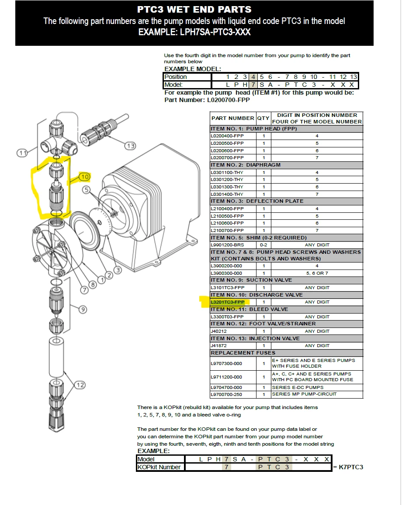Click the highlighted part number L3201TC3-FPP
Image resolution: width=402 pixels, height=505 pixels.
click(227, 302)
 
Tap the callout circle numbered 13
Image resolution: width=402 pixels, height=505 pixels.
click(130, 146)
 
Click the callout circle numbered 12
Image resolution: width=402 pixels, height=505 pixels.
click(80, 385)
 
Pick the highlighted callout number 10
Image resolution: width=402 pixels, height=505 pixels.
click(84, 177)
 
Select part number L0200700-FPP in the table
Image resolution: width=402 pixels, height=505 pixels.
click(227, 157)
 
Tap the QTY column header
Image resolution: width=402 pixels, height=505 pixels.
click(263, 118)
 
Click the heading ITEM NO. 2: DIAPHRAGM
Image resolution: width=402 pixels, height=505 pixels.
click(246, 165)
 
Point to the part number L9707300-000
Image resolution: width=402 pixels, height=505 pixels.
click(226, 363)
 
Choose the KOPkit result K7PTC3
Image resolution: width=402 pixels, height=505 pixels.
click(351, 467)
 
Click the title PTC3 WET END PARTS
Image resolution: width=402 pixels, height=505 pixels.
click(194, 9)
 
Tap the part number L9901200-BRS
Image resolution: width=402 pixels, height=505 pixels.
click(227, 245)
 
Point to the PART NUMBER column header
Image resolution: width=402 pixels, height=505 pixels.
click(232, 118)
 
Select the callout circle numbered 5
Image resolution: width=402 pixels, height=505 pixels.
click(86, 190)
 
